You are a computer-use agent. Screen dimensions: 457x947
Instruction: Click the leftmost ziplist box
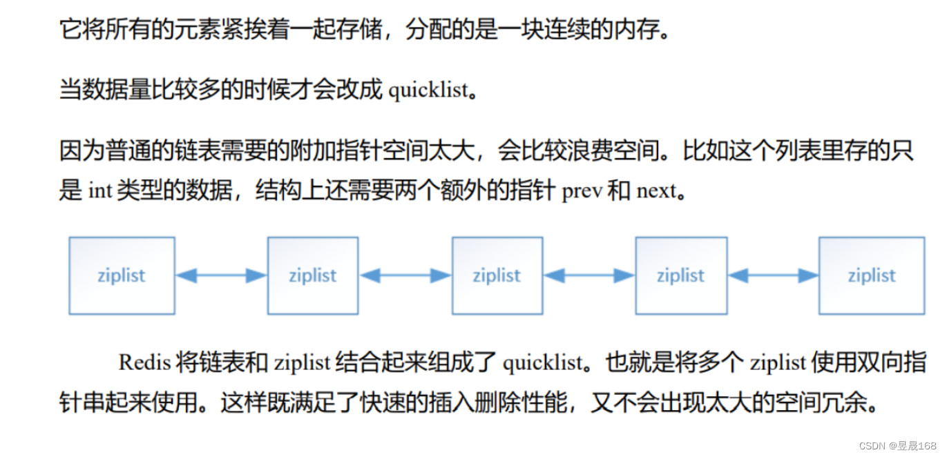click(x=122, y=275)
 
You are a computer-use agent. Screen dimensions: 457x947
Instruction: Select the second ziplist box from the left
click(x=312, y=275)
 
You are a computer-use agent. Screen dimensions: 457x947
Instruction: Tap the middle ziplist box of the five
click(x=497, y=275)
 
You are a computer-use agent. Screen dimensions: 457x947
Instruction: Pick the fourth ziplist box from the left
click(x=680, y=275)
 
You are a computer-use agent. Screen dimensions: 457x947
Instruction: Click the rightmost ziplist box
click(x=871, y=275)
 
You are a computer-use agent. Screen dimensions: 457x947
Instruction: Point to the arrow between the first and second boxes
click(x=221, y=275)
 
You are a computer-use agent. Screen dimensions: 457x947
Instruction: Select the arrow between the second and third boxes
click(x=405, y=275)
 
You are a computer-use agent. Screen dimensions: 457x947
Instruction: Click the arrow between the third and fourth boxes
click(x=589, y=275)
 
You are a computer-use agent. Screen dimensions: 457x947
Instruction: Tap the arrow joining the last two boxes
click(x=773, y=275)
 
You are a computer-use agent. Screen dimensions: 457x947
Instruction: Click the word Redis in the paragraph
click(x=143, y=362)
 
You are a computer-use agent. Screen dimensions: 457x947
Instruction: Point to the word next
click(x=656, y=191)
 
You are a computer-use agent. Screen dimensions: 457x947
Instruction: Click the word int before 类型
click(x=100, y=191)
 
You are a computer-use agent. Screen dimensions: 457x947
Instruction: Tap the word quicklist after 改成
click(x=428, y=90)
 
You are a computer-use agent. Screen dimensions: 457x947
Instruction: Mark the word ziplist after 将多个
click(x=778, y=362)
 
